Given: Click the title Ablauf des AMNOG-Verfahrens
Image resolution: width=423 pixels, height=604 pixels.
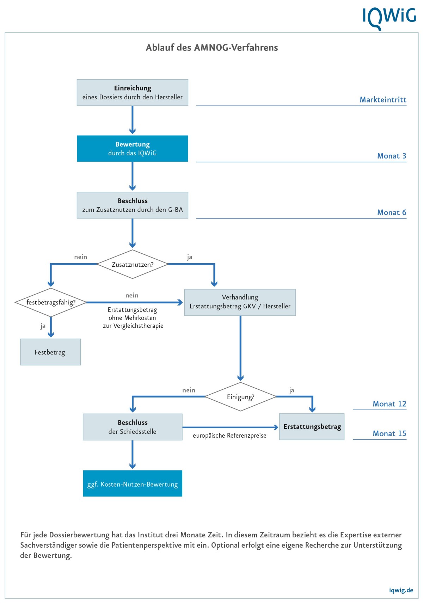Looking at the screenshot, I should (x=212, y=48).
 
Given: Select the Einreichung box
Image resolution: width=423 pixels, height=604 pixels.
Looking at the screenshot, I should (x=133, y=92).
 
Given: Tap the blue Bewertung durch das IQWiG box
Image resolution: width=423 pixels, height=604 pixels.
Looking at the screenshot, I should (x=133, y=149).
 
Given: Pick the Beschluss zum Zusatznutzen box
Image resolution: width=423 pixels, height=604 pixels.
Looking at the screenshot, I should (x=133, y=205).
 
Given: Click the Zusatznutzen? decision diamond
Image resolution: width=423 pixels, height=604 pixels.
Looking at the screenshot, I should (x=133, y=264).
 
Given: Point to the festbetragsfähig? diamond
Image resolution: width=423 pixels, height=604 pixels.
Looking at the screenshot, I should (x=51, y=302).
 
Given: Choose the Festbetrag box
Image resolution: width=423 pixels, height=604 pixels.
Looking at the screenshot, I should (x=50, y=352).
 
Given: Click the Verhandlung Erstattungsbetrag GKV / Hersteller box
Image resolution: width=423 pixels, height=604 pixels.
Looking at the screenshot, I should (x=240, y=302).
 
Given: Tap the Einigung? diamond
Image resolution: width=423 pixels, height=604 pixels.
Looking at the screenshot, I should (x=240, y=397).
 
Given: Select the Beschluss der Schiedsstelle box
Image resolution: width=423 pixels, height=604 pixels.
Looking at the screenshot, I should (x=133, y=427).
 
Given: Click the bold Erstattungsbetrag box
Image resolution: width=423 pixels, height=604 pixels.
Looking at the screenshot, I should (x=312, y=427).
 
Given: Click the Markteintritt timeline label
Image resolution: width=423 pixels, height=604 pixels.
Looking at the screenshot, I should (x=383, y=100).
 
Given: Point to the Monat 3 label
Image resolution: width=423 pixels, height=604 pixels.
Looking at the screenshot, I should (x=392, y=156).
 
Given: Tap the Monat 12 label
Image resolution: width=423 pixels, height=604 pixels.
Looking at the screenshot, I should (x=390, y=404).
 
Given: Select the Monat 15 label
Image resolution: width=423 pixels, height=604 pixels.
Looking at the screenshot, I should (x=390, y=433).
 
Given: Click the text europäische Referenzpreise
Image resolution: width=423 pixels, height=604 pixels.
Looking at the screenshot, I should (x=229, y=436).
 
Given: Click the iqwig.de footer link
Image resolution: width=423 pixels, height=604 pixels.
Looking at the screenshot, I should (x=401, y=590).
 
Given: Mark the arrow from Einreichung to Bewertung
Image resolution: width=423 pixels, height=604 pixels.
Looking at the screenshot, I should (x=133, y=120).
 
